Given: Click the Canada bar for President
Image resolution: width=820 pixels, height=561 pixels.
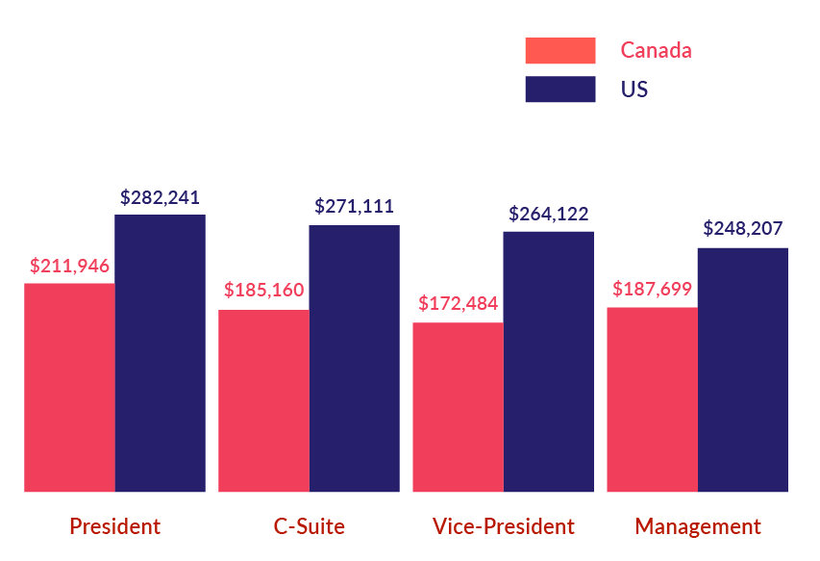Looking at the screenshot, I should pos(69,387).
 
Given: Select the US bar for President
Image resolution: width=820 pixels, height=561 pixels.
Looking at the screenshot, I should pos(160,352).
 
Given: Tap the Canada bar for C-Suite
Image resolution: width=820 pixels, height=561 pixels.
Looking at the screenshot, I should pos(263,400).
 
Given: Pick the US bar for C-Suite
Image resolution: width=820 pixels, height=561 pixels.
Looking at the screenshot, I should pos(354,358).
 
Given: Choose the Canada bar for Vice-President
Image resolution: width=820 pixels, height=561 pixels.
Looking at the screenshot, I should pos(458,406).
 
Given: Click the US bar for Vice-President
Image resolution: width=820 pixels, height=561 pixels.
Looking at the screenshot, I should pos(548,361).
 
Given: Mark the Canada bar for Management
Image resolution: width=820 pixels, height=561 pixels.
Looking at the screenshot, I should pos(652,399).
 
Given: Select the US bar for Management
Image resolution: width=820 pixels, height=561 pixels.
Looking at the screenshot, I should pos(742,370).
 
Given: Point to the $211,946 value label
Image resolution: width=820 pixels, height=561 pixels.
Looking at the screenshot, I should pos(69,266).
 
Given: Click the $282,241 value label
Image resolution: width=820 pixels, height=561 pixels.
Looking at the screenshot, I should pos(160,197).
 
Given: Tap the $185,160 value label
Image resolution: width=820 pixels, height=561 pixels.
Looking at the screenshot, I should pos(263,290).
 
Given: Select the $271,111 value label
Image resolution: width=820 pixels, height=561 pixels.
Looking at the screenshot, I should pos(354,206).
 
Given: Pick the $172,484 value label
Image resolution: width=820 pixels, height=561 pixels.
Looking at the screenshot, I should pos(458,304).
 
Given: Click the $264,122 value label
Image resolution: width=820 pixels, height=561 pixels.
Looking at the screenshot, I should pos(548,214).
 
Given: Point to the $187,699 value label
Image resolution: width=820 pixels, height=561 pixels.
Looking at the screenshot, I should pos(652,289).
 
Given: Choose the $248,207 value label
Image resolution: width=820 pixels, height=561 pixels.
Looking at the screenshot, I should pos(742,229).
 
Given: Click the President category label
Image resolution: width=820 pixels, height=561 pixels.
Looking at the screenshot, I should pos(114,526).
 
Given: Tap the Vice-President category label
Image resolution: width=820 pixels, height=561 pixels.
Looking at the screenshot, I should pos(503,526).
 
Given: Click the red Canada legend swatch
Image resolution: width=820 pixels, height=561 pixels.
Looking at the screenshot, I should pos(559,50).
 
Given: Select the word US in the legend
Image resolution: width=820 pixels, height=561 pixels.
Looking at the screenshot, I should pos(634,89).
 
